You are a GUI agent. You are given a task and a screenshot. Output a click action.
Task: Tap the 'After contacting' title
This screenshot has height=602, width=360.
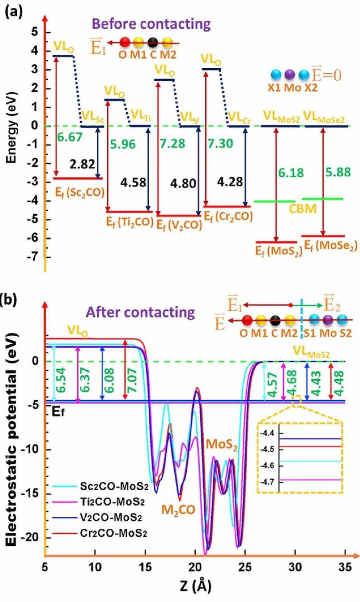click(141, 312)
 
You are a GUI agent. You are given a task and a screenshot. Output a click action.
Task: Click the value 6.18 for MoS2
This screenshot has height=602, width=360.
click(291, 173)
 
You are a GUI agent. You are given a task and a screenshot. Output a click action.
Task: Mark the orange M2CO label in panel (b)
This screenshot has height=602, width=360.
click(178, 510)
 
